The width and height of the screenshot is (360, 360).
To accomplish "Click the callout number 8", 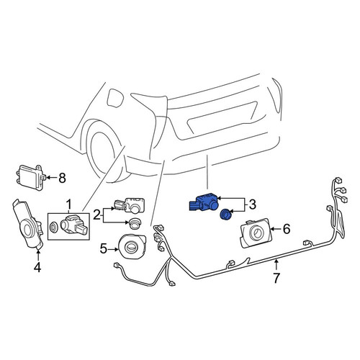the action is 62,178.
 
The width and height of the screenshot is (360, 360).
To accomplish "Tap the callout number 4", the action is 37,267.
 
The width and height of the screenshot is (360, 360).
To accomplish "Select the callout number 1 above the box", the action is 69,204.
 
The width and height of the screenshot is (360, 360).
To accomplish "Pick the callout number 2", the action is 96,215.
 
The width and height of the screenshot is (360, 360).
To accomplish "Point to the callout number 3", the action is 252,204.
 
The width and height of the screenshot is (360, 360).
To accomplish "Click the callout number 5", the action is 103,249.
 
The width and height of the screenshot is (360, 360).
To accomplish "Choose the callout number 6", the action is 287,229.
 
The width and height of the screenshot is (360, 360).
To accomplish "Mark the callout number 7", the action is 276,278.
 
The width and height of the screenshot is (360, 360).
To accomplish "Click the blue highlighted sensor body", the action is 204,202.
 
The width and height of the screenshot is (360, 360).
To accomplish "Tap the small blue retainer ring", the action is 225,214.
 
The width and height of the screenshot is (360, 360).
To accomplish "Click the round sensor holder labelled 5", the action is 132,247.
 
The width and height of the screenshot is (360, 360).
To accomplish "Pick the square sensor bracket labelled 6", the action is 256,233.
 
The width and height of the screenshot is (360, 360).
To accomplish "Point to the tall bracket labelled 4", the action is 27,223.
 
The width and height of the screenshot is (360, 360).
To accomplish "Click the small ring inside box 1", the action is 53,226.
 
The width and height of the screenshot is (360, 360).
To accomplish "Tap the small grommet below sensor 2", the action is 135,222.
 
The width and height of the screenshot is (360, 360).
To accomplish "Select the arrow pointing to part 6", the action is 276,229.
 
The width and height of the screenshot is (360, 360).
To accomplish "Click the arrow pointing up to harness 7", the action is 276,265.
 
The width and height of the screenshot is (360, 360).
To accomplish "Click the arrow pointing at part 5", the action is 113,249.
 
